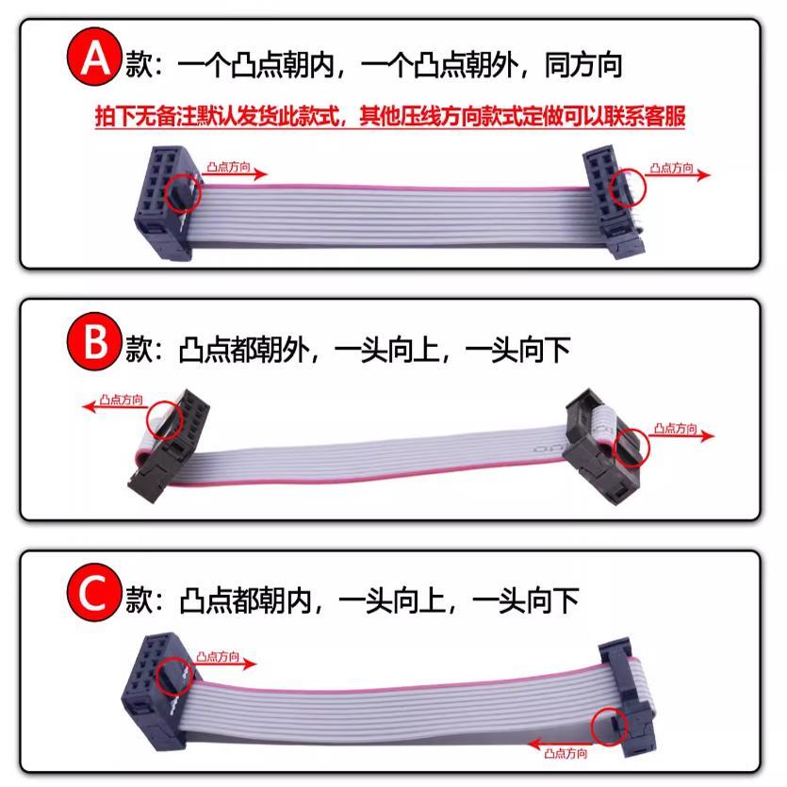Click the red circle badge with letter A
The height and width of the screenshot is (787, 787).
[91, 61]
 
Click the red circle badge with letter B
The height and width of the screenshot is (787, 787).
[91, 345]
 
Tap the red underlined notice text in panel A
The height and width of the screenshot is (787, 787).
[389, 118]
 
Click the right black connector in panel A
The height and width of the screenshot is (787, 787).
[610, 200]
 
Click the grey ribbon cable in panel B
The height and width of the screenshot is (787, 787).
[377, 462]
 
